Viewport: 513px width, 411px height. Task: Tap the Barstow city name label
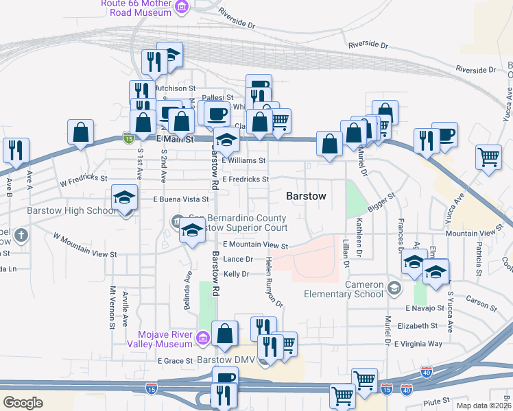tap(305, 196)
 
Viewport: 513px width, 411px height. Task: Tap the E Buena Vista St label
tap(180, 199)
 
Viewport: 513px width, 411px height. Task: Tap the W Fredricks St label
tap(84, 181)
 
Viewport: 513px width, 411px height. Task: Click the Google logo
tap(23, 402)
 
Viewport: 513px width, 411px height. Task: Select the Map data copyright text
tap(484, 406)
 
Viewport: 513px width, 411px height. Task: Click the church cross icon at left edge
tap(21, 236)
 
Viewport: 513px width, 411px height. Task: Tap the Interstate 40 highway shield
tap(426, 372)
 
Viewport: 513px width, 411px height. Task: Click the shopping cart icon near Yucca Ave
tap(489, 157)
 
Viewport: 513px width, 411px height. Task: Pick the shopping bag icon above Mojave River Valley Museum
tap(224, 334)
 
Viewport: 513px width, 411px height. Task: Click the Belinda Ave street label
tap(187, 285)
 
